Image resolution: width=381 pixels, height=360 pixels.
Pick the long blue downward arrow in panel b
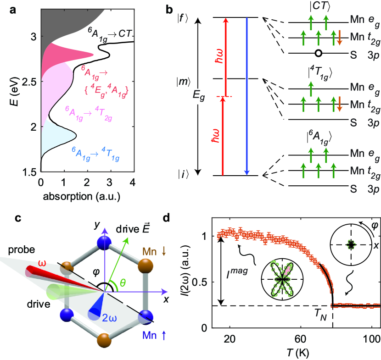(247, 96)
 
